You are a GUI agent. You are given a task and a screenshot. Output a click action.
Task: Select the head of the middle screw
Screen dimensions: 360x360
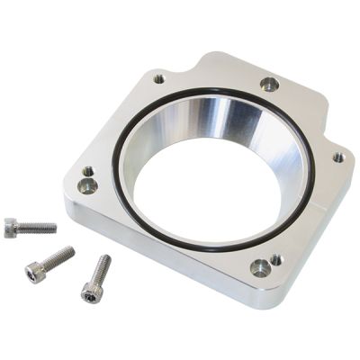point(34,270)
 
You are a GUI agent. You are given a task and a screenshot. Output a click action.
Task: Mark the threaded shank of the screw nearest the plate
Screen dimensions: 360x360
point(101,269)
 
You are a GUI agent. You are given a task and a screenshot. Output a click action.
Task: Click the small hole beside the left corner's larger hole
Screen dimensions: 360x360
point(87,172)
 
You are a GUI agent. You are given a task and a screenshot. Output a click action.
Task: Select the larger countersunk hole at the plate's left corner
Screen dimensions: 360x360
point(87,186)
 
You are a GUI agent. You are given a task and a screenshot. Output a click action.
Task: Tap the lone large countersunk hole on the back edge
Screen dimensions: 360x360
point(269,85)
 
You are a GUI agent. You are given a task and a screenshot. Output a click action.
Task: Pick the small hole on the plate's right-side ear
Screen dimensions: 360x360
point(337,157)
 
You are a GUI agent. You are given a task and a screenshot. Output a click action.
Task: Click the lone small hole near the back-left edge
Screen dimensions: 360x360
point(159,79)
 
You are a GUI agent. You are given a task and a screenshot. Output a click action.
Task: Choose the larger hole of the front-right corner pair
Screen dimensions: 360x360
point(259,267)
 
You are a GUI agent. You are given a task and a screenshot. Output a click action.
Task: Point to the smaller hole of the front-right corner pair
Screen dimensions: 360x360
point(275,258)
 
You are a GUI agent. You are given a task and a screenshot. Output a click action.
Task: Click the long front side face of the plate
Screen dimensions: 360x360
point(153,261)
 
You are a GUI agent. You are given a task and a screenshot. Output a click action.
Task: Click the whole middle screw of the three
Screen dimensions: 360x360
point(49,262)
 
